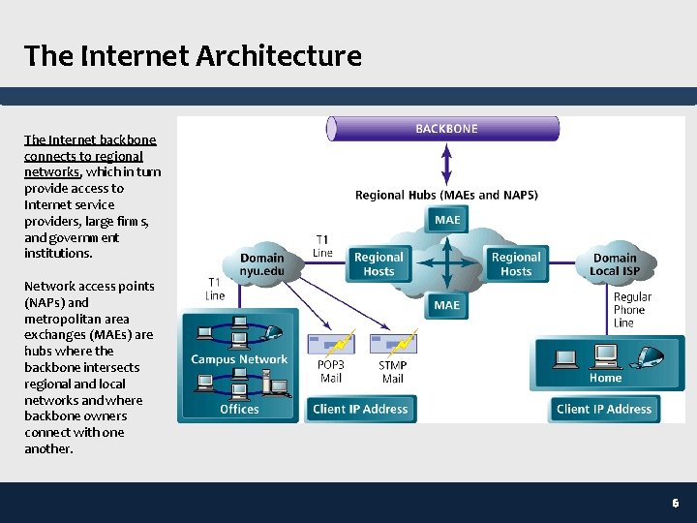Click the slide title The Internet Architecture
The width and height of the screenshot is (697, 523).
pos(193,56)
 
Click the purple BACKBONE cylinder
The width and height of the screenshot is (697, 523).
pos(444,129)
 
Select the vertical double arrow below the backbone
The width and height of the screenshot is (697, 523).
pos(445,164)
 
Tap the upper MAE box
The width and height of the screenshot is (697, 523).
pos(447,220)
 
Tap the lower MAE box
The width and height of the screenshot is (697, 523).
pos(447,305)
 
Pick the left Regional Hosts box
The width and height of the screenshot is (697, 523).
pos(379,264)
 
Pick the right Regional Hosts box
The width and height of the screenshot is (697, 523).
pos(516,264)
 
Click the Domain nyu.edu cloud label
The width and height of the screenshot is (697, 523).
pos(262,264)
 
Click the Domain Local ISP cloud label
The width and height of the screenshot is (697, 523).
pos(616,264)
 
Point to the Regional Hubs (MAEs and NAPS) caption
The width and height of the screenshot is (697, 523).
pos(446,195)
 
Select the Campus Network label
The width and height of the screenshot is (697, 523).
pos(239,359)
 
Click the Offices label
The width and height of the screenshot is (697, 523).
pos(239,409)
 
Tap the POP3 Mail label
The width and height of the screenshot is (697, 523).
pos(330,372)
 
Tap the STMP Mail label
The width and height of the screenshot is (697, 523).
pos(392,372)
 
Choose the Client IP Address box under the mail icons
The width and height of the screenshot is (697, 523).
pos(360,409)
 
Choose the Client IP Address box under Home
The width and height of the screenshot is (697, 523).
pos(604,409)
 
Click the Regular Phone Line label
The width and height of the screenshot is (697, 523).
pos(632,310)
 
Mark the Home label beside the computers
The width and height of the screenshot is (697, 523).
pos(605,378)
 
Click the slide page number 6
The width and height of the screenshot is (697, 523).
pos(676,504)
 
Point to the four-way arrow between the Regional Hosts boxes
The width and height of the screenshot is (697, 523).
pos(447,262)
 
